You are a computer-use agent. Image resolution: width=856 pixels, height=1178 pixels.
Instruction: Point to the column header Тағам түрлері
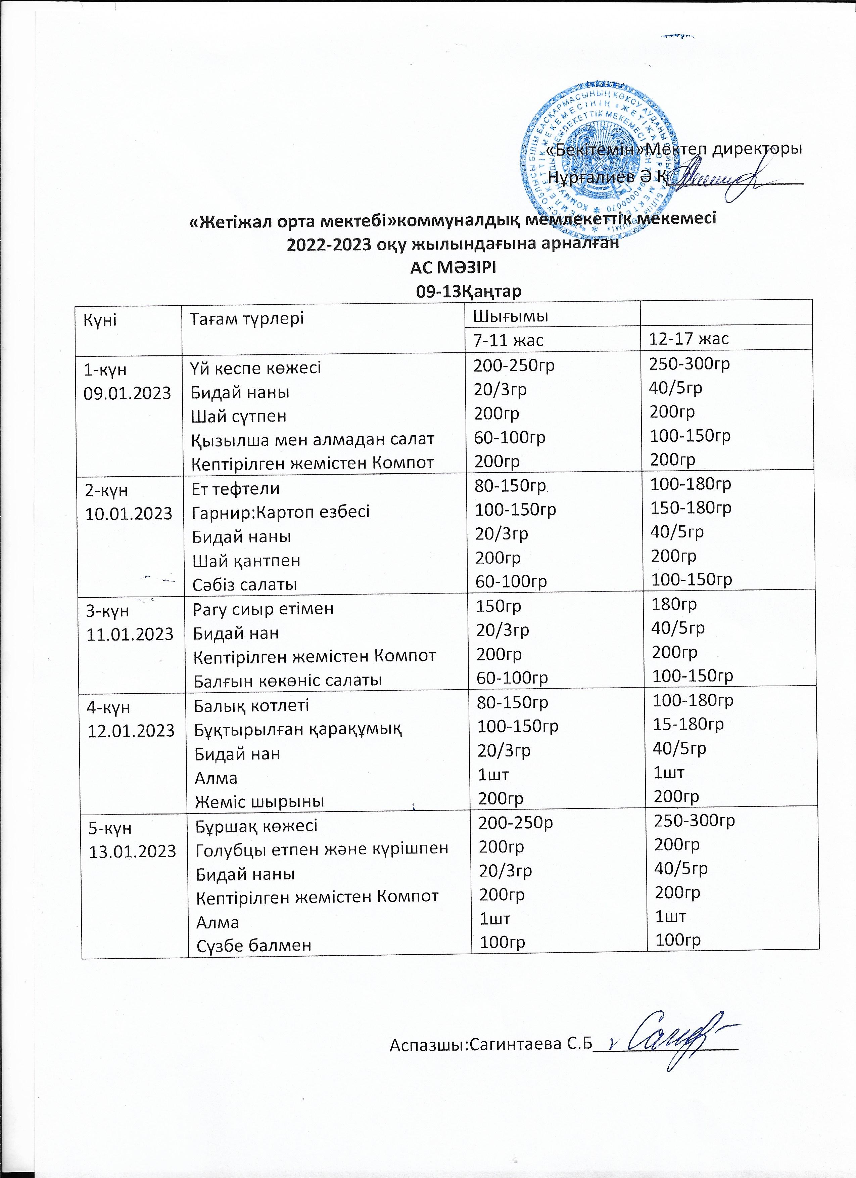(246, 318)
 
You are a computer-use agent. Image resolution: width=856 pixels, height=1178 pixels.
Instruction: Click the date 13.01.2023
(133, 851)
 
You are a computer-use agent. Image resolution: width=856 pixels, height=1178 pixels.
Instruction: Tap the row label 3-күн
(108, 611)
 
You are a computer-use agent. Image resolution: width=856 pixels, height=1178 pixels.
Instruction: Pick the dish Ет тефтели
(236, 488)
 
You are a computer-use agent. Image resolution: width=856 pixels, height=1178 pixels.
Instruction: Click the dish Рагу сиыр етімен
(263, 608)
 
